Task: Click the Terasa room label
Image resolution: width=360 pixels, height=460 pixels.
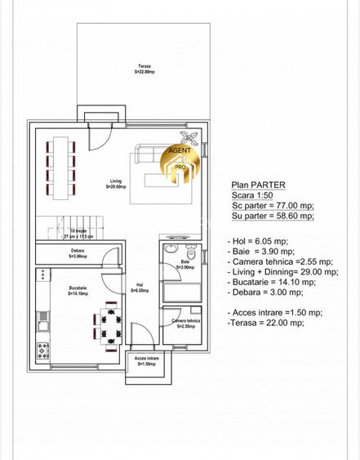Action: pos(146,69)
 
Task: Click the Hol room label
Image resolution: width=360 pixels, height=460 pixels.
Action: pos(140,287)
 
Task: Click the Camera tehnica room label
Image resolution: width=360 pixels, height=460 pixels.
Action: pos(184,324)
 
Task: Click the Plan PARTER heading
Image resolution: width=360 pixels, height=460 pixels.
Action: pos(253,185)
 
